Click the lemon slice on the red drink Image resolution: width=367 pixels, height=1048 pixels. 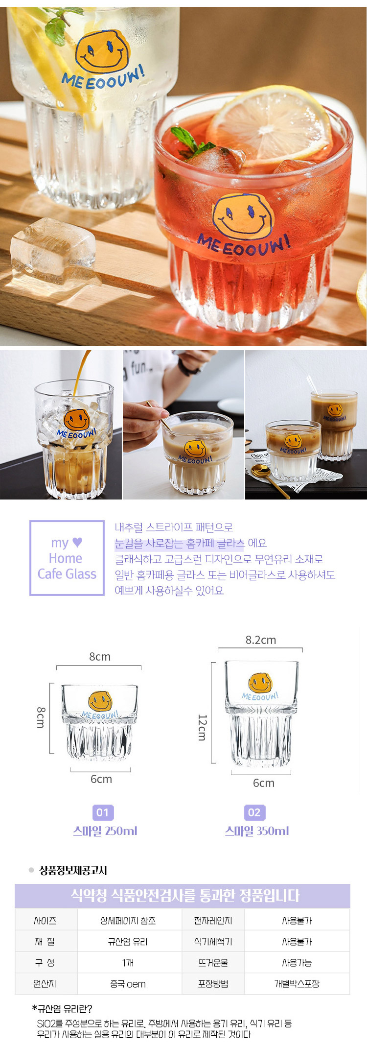269,125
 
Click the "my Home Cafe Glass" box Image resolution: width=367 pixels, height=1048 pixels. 67,558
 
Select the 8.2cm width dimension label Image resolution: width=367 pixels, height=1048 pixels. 261,640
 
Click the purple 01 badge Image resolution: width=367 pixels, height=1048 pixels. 102,812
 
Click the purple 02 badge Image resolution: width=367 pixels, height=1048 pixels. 254,812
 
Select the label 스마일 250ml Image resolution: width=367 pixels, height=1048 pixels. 105,831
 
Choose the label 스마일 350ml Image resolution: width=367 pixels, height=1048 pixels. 257,831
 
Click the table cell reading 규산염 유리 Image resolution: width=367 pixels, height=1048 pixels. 128,942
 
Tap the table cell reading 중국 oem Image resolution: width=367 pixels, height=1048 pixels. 128,984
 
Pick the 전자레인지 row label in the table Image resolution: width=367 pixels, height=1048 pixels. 213,921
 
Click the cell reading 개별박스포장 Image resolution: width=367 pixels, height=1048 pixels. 297,984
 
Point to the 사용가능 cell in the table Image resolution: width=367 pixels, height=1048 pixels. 297,963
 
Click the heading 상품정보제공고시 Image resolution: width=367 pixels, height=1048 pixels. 73,870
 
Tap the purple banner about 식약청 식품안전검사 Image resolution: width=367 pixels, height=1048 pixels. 183,896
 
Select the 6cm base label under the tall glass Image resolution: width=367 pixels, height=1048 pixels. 263,783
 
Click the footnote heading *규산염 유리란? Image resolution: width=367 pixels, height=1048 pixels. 62,1009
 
